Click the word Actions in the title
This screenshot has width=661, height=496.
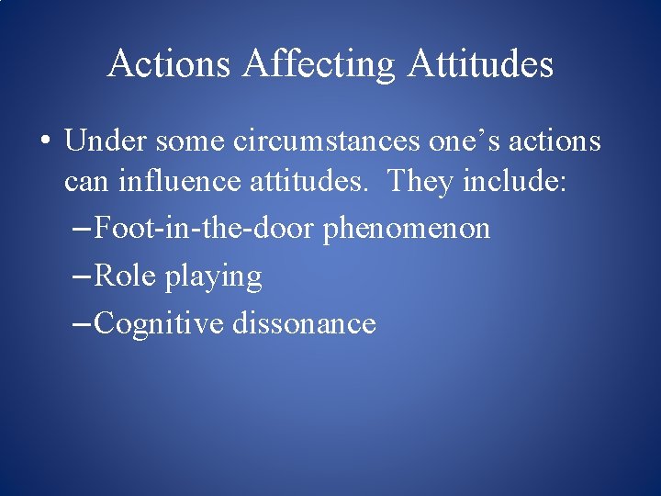(x=169, y=64)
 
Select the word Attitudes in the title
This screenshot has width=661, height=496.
(x=480, y=64)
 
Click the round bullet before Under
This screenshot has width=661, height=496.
(x=44, y=142)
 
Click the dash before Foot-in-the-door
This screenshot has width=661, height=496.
(x=81, y=229)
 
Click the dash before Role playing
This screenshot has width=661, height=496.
(x=81, y=276)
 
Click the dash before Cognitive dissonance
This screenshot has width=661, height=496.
(x=81, y=324)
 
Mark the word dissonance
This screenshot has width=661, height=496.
(x=304, y=323)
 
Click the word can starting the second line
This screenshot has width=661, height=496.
(x=84, y=181)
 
